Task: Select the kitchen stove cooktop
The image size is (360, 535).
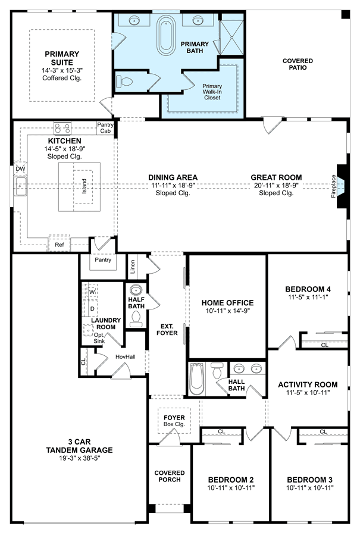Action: tap(63, 129)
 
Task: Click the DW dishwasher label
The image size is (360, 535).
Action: tap(20, 168)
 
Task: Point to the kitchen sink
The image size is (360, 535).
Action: tap(20, 186)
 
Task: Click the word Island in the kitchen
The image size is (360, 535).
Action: tap(84, 186)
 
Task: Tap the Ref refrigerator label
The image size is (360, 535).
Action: tap(60, 245)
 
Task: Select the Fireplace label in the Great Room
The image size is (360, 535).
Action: tap(333, 186)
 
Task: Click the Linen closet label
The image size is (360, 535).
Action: tap(133, 267)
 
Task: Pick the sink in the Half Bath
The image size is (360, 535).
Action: tap(136, 290)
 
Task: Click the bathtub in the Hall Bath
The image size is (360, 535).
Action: tap(196, 379)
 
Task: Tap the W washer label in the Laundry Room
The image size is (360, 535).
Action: tap(92, 292)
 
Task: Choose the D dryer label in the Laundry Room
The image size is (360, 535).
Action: tap(92, 309)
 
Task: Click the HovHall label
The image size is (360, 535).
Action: tap(125, 356)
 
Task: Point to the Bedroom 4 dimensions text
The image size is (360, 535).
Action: tap(308, 297)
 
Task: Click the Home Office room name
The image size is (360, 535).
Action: tap(227, 303)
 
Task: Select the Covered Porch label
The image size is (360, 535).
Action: tap(170, 476)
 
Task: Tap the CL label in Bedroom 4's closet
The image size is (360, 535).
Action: tap(324, 345)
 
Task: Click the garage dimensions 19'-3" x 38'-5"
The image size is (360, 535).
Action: tap(80, 458)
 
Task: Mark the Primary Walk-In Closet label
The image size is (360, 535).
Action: tap(212, 92)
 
